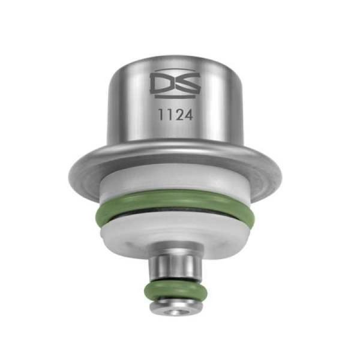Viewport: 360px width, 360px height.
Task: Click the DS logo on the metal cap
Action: (x=175, y=83)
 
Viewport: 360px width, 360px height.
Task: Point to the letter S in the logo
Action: (x=188, y=84)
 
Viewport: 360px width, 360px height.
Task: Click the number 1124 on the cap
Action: (x=175, y=115)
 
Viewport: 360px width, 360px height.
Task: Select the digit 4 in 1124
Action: (x=188, y=115)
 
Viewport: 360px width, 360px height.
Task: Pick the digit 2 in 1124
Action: (x=179, y=115)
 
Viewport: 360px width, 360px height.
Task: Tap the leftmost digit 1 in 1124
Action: (x=161, y=115)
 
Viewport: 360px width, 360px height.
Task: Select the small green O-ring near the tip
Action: (x=176, y=291)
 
